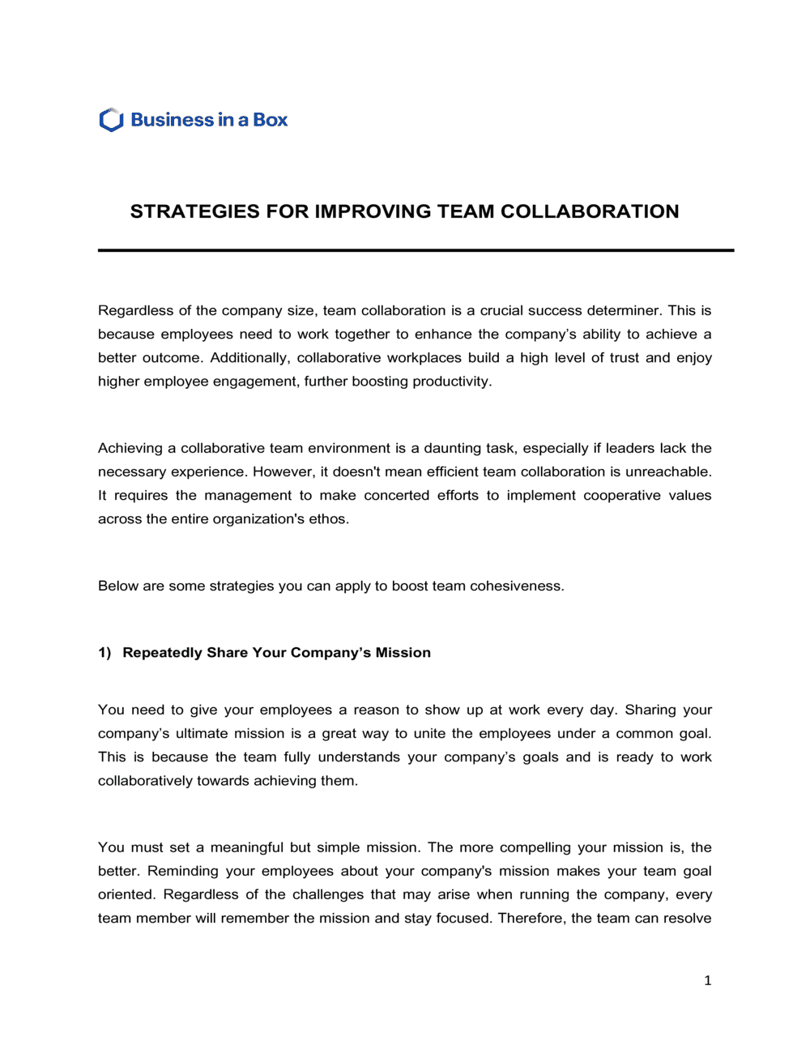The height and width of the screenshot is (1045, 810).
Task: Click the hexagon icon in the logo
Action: pyautogui.click(x=111, y=120)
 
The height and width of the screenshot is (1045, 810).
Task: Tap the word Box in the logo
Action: pyautogui.click(x=270, y=120)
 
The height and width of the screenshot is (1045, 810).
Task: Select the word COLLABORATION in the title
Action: pyautogui.click(x=590, y=211)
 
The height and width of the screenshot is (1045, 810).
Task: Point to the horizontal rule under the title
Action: pyautogui.click(x=416, y=250)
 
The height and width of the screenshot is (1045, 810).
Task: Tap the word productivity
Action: pyautogui.click(x=451, y=381)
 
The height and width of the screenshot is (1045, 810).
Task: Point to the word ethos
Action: pyautogui.click(x=329, y=518)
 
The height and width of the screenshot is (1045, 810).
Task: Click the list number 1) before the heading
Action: pyautogui.click(x=104, y=653)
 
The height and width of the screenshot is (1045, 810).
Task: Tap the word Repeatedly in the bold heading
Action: pyautogui.click(x=162, y=653)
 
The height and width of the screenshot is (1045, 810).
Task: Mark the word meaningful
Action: pyautogui.click(x=246, y=847)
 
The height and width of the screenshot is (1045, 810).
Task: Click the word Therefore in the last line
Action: pyautogui.click(x=531, y=918)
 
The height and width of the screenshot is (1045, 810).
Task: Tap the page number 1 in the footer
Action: pyautogui.click(x=707, y=980)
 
